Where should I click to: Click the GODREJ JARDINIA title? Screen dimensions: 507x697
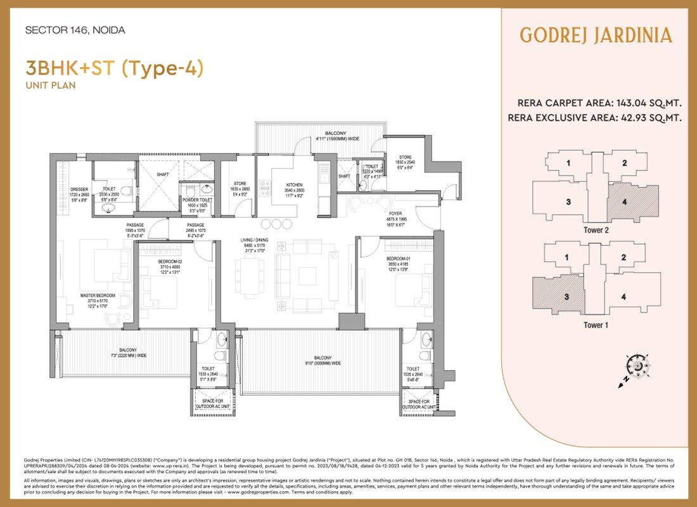tap(596, 35)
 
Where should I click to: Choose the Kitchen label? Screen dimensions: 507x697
tap(295, 186)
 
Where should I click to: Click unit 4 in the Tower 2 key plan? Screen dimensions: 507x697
tap(625, 203)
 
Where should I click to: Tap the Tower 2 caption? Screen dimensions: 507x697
tap(596, 231)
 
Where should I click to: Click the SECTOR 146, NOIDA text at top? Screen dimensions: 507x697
tap(75, 30)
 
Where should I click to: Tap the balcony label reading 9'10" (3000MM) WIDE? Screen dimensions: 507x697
tap(323, 363)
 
